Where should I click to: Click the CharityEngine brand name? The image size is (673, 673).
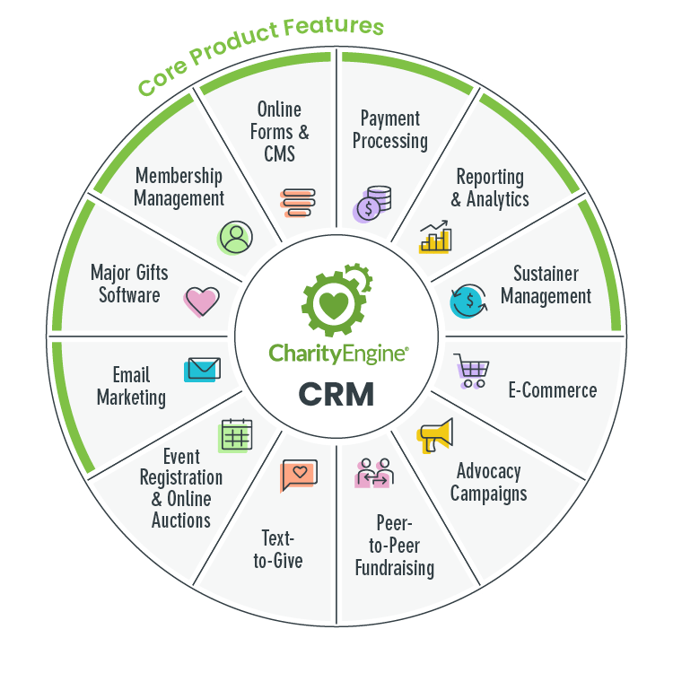(338, 353)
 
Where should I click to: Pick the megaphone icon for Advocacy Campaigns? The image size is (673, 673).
(436, 436)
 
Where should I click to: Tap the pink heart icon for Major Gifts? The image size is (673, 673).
(201, 302)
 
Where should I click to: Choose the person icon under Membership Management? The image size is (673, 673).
(235, 237)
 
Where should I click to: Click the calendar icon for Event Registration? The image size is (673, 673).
(235, 436)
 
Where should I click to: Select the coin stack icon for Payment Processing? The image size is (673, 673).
(371, 204)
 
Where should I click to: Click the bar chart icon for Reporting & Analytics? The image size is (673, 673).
(437, 237)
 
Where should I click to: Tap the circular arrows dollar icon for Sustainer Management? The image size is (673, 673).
(468, 301)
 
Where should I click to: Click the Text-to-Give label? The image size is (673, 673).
(282, 549)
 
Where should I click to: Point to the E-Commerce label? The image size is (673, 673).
(552, 390)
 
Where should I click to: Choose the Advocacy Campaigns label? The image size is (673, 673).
(488, 482)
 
